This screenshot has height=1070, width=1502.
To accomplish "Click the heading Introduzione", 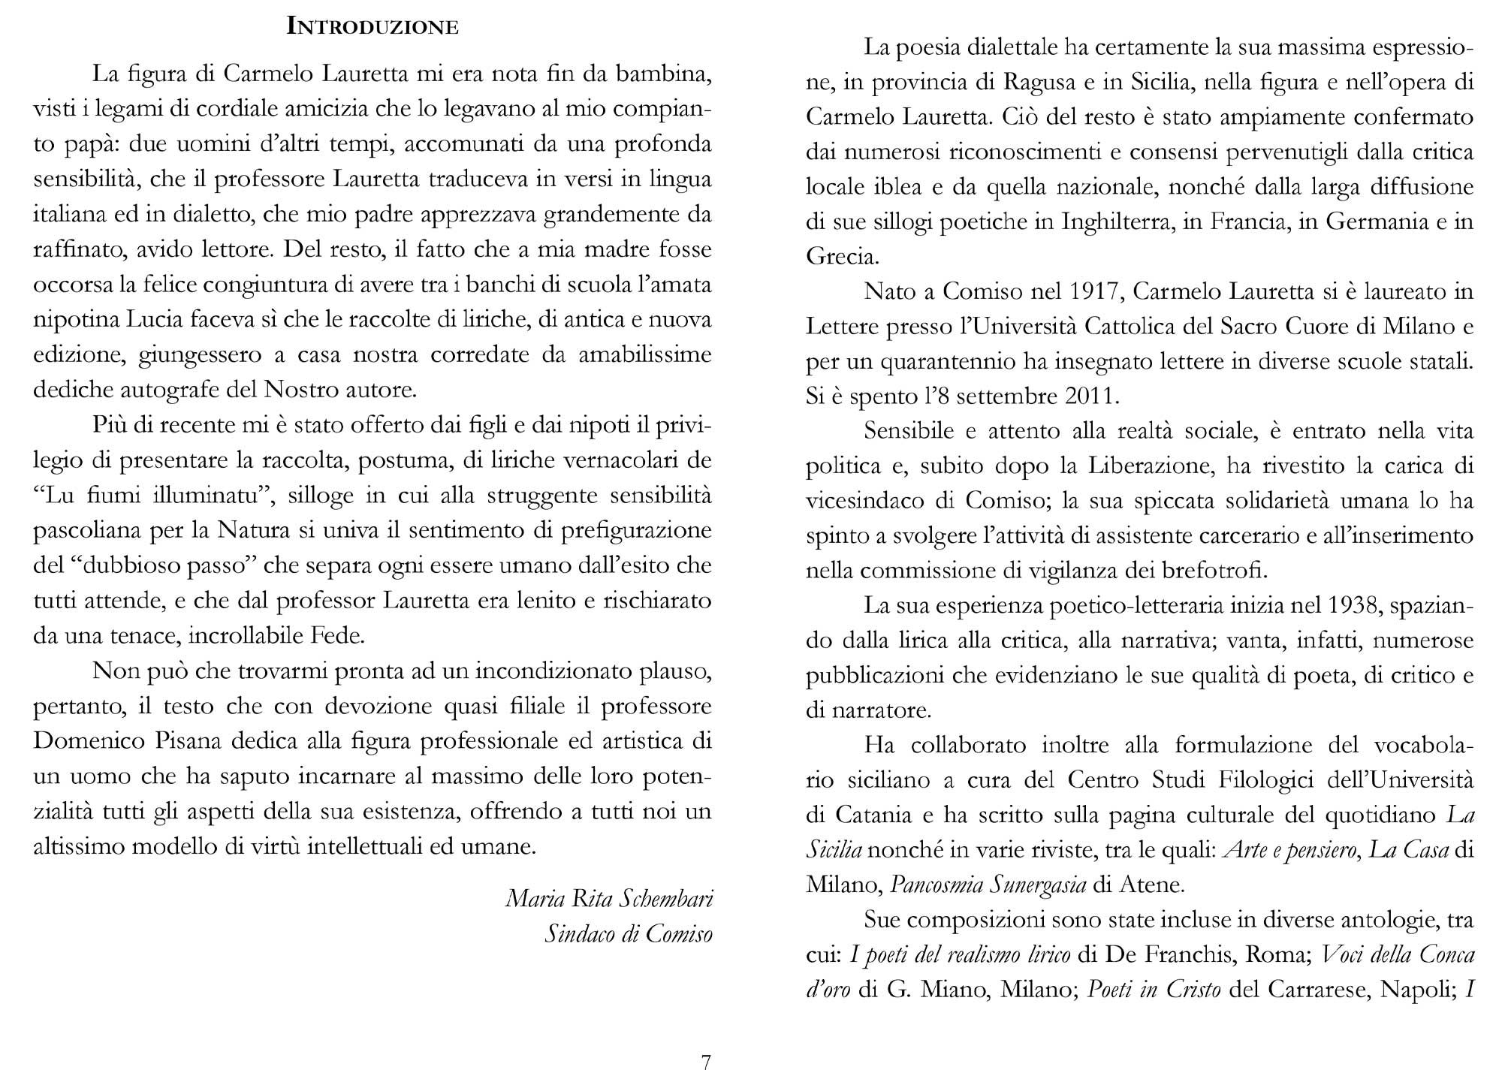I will pos(372,27).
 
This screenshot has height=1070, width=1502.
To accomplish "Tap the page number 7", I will pos(705,1061).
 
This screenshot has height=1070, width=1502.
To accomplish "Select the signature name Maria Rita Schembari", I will pos(609,899).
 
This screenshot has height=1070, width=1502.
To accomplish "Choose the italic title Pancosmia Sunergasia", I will pos(988,885).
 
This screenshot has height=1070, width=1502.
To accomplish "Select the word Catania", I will pos(870,815).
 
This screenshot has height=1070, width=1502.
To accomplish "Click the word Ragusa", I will pos(1043,82).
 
